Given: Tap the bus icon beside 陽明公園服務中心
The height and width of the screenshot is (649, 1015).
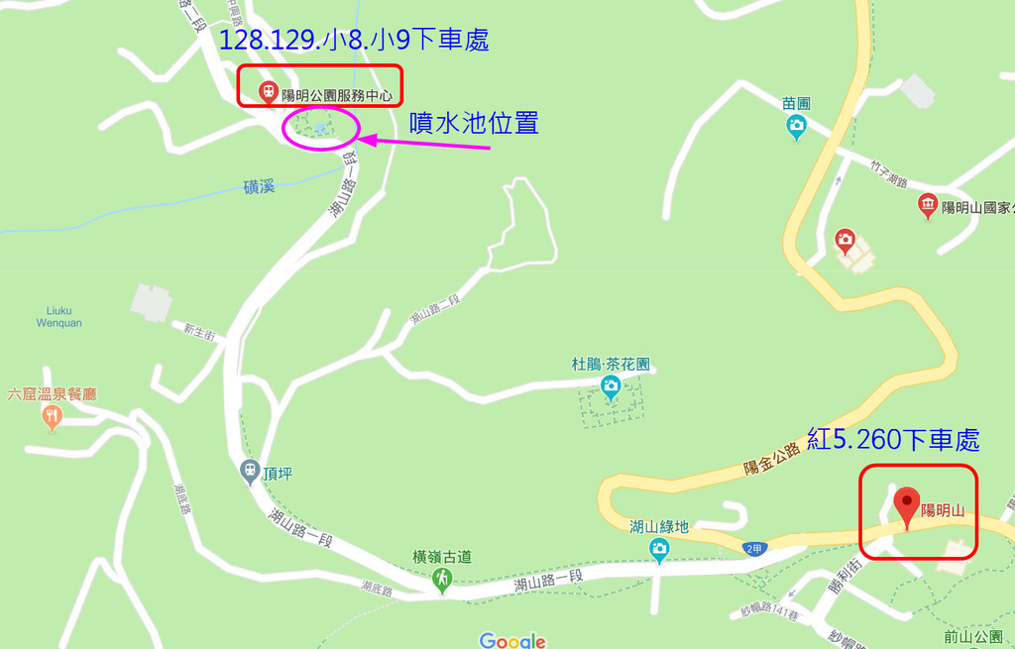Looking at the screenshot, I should click(x=268, y=92).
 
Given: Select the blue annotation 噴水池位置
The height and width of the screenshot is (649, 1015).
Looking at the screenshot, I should click(x=475, y=123).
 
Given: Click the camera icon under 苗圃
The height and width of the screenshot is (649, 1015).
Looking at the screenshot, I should click(x=796, y=126).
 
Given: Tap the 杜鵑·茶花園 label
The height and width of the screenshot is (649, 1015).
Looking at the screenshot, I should click(x=611, y=364).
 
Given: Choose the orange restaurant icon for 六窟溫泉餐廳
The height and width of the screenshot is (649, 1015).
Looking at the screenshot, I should click(x=53, y=417).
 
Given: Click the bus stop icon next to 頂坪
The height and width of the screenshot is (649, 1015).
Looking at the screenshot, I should click(x=250, y=470).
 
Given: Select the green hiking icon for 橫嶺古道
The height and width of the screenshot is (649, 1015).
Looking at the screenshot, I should click(x=442, y=577).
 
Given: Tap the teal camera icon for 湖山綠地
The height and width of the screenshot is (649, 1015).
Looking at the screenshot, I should click(x=659, y=547).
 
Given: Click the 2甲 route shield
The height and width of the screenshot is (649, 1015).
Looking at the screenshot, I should click(x=755, y=548).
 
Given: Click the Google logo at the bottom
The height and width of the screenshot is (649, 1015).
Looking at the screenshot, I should click(x=512, y=640).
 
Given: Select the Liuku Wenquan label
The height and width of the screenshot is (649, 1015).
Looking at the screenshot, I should click(x=59, y=316).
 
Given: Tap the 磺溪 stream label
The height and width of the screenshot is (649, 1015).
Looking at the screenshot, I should click(x=259, y=185).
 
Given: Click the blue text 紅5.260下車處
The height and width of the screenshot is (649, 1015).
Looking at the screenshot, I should click(x=893, y=439).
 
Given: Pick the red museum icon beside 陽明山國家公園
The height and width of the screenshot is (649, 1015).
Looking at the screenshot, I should click(x=928, y=205).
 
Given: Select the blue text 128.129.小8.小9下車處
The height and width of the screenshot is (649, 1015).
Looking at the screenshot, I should click(x=354, y=41).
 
